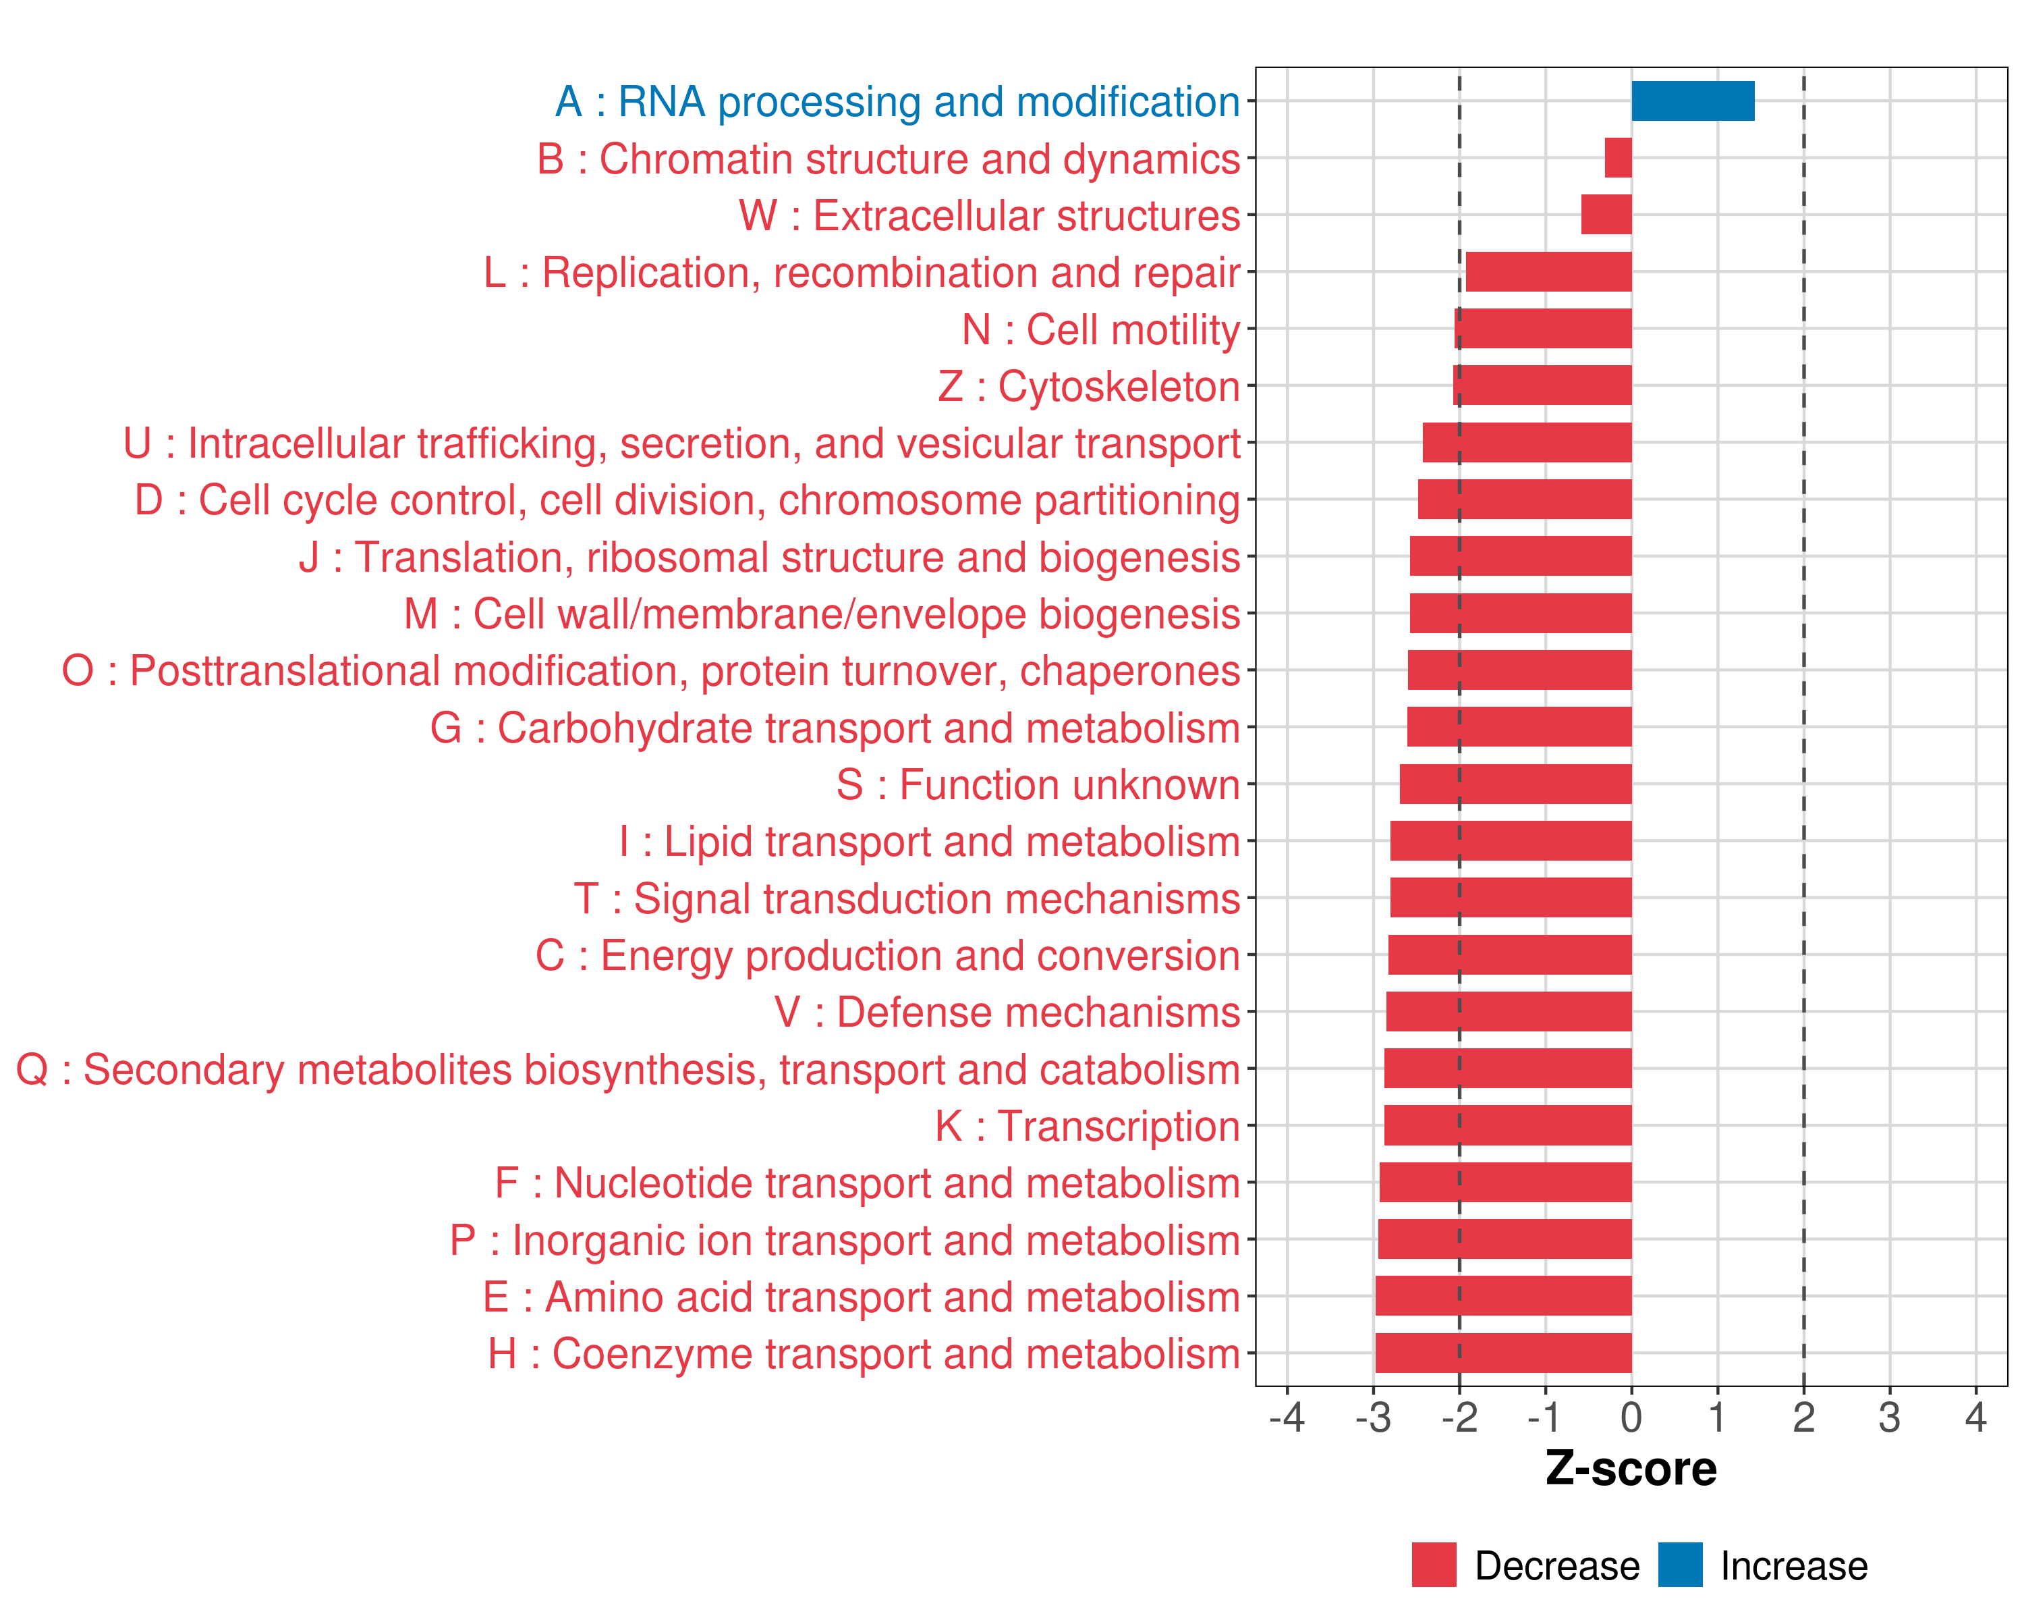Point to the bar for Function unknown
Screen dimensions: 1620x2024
[1515, 784]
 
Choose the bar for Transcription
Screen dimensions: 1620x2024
[1508, 1125]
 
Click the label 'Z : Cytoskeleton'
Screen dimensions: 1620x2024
[1088, 386]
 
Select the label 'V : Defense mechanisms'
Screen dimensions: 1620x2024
[1007, 1013]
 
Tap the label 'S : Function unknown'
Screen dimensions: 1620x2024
[1038, 785]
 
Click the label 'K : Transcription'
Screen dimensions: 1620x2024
[1087, 1126]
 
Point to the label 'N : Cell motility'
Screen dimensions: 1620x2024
[1100, 329]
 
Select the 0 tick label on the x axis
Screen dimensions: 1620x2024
[1631, 1416]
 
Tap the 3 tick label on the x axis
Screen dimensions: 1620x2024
[1889, 1416]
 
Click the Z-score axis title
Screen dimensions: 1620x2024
[1631, 1468]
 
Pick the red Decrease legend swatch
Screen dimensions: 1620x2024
[1434, 1565]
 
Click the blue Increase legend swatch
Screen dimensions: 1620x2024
[1679, 1565]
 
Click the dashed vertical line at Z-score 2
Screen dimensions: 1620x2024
[1803, 564]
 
